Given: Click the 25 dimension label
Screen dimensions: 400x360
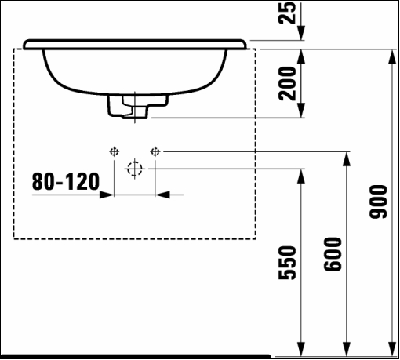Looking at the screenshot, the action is point(287,13).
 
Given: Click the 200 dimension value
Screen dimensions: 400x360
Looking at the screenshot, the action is point(287,83).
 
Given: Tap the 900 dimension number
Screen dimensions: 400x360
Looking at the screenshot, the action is point(378,202).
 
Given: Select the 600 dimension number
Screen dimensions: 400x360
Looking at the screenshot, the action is point(333,254).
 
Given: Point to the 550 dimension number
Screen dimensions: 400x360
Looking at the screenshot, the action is point(287,263).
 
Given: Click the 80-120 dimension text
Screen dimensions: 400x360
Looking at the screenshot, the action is point(66,181).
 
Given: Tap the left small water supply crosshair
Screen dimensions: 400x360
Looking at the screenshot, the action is point(114,151).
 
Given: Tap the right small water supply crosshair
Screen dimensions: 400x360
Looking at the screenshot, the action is point(155,151).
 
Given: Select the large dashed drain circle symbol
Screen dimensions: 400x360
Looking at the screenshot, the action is point(135,169).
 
